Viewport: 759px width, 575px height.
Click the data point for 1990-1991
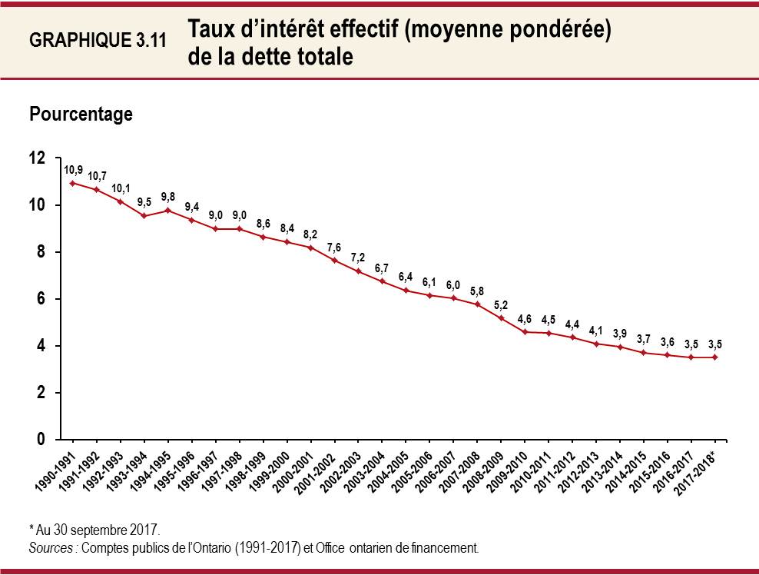pyautogui.click(x=72, y=183)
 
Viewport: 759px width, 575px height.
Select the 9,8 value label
pyautogui.click(x=168, y=196)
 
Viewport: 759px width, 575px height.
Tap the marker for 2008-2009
pyautogui.click(x=501, y=317)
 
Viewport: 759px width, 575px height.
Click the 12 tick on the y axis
pyautogui.click(x=38, y=158)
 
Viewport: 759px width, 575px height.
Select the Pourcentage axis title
pyautogui.click(x=81, y=115)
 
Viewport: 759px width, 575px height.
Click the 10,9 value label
pyautogui.click(x=73, y=169)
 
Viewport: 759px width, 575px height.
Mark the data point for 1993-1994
pyautogui.click(x=144, y=215)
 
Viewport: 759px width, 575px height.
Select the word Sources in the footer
pyautogui.click(x=52, y=549)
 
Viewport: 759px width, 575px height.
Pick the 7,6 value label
pyautogui.click(x=335, y=247)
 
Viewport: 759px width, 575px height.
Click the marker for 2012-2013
pyautogui.click(x=596, y=344)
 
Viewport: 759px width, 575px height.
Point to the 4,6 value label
pyautogui.click(x=525, y=318)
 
